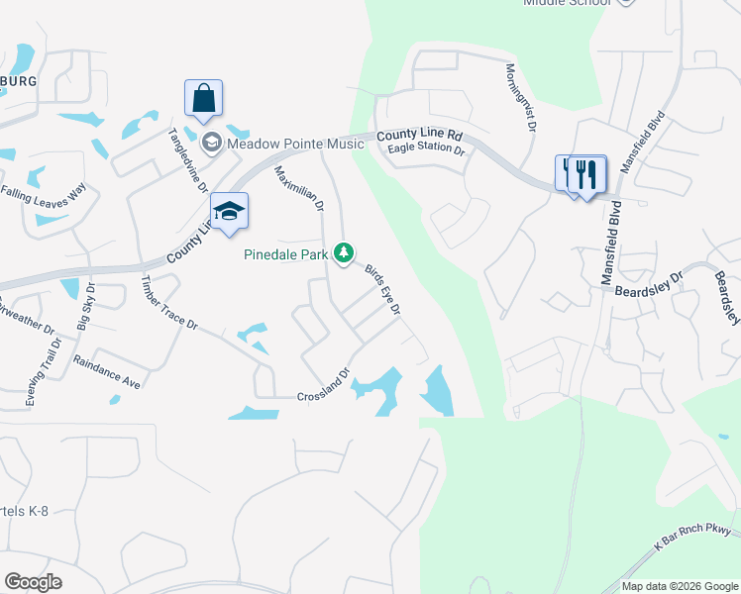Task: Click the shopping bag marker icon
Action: (203, 99)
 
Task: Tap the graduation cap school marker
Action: (229, 211)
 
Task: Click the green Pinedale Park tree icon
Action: (344, 254)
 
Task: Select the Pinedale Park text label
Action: (286, 254)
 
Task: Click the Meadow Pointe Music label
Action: (295, 145)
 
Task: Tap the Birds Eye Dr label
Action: (381, 289)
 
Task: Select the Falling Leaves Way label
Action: (44, 192)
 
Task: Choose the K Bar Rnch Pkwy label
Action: (692, 542)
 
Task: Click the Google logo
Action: (33, 582)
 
